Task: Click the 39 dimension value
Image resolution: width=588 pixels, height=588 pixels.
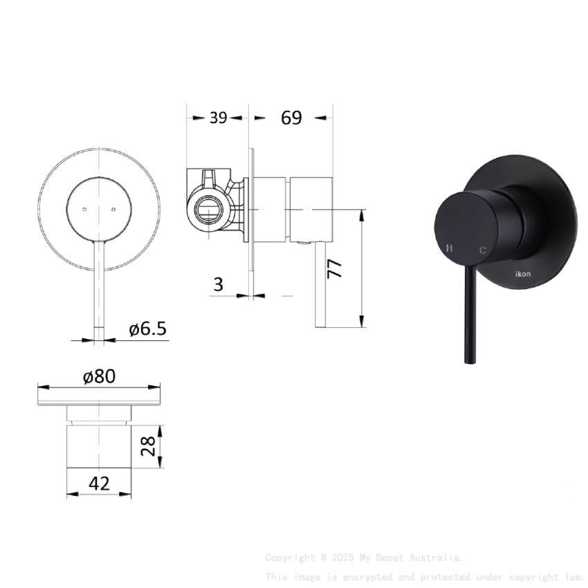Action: [218, 118]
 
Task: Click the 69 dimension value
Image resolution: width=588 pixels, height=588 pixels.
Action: [291, 118]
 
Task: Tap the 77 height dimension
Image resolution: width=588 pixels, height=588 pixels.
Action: [336, 268]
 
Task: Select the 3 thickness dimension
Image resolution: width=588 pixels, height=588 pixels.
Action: [218, 284]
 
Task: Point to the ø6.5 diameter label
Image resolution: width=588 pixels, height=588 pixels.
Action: [148, 329]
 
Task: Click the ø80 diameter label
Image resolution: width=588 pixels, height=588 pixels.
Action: [99, 376]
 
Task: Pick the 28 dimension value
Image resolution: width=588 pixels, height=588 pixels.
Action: [147, 446]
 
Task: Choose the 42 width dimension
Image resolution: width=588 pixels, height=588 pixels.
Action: [100, 484]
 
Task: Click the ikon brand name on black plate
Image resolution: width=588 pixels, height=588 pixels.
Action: [524, 275]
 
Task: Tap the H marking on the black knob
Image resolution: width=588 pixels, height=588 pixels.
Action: [450, 248]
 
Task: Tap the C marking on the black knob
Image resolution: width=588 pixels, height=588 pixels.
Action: [482, 250]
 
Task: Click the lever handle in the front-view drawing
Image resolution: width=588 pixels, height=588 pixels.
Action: [99, 284]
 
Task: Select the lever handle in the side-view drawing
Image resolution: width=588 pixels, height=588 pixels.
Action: [320, 284]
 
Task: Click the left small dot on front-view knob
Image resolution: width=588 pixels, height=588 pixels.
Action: [84, 208]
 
